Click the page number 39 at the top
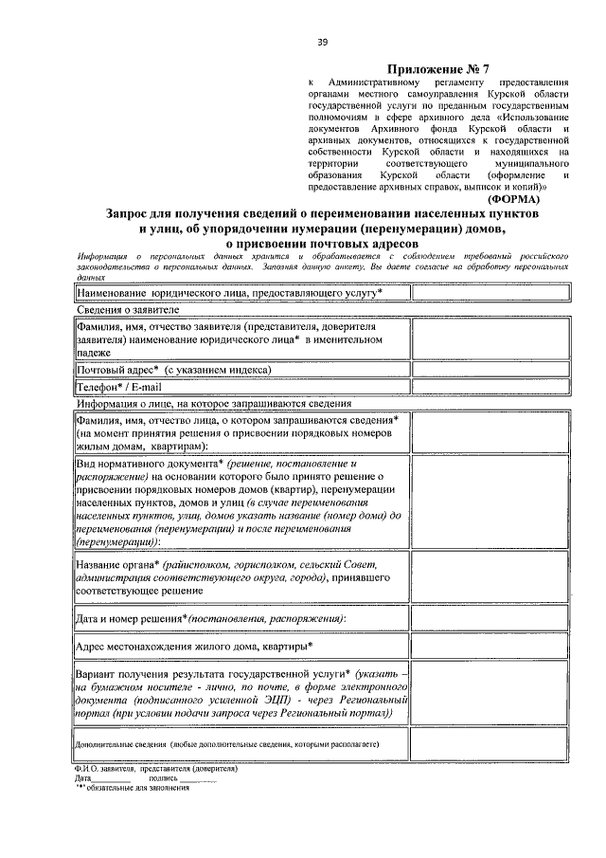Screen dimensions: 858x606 [x=322, y=43]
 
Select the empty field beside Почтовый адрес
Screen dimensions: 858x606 [x=490, y=369]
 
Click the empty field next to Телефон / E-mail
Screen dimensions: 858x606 [x=490, y=387]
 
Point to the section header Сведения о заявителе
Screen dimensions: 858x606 [x=129, y=310]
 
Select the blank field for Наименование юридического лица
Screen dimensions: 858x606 [x=490, y=294]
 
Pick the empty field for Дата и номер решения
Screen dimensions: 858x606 [x=490, y=618]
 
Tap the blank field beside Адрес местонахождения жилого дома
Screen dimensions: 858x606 [x=490, y=646]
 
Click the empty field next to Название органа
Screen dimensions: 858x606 [x=490, y=576]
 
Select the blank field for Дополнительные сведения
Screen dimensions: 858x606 [x=490, y=744]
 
